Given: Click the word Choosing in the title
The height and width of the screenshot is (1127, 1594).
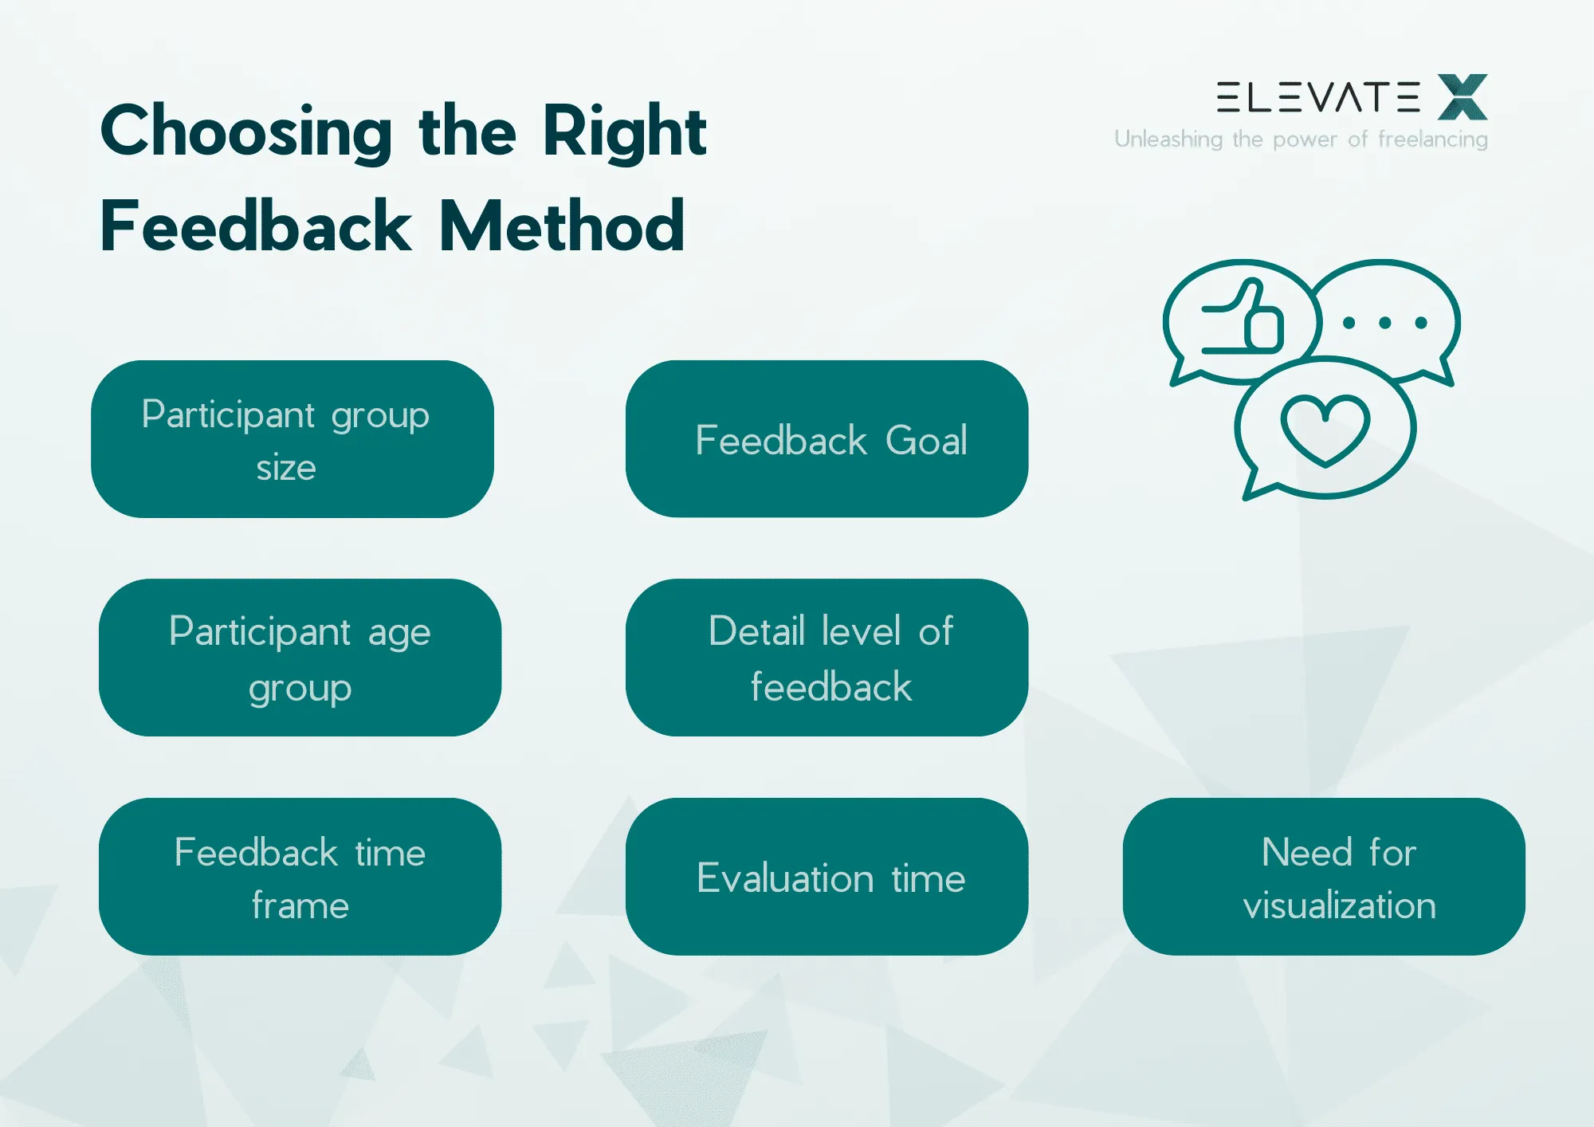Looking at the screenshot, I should (x=246, y=132).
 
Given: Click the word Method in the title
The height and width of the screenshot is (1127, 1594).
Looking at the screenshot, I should (x=562, y=227).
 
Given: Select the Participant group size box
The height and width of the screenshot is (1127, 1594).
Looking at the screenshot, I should (x=292, y=439).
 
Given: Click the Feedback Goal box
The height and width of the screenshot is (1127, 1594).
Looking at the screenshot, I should (x=826, y=439).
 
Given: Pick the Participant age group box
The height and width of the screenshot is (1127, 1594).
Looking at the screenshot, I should (x=300, y=658).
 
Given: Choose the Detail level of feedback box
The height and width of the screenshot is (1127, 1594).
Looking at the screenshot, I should (x=826, y=658).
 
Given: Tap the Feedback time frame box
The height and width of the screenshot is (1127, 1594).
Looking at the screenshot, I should (x=300, y=877).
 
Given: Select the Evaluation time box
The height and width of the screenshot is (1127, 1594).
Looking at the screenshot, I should (x=826, y=877).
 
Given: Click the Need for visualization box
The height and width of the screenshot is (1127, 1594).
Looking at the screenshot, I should (x=1324, y=877).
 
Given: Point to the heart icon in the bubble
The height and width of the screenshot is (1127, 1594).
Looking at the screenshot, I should (x=1325, y=429).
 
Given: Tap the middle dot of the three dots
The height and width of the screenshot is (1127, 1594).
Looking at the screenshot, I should (x=1385, y=323).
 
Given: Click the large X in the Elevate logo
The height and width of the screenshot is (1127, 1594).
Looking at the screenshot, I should (x=1462, y=97).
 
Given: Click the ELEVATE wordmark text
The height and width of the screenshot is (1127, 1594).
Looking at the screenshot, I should (x=1318, y=97).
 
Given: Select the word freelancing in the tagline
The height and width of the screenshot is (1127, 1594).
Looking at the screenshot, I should (x=1433, y=139).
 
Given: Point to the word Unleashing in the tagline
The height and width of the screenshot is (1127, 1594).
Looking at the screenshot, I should (x=1168, y=139).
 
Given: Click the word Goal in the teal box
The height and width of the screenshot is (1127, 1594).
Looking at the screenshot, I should (x=926, y=441).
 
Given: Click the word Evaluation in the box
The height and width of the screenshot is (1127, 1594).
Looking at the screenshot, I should (x=785, y=878).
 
